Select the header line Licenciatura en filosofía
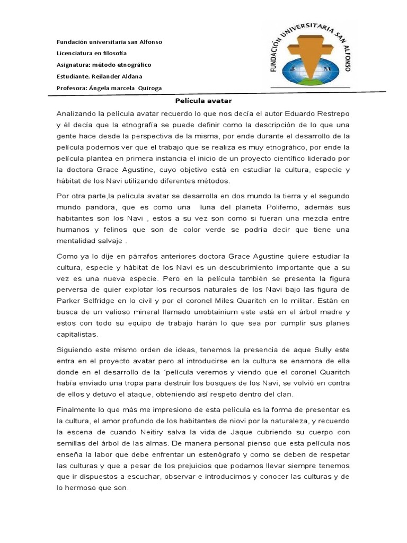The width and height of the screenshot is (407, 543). click(92, 53)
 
